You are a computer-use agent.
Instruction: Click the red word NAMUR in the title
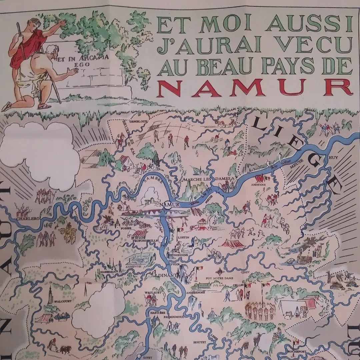click(255, 88)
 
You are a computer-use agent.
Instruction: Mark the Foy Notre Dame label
click(219, 278)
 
